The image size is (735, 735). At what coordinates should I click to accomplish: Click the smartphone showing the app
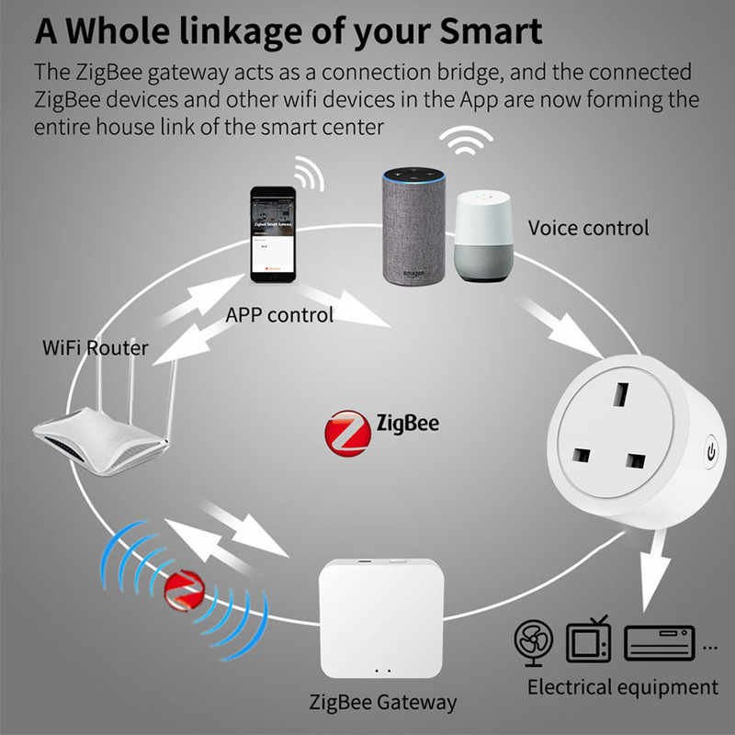(275, 235)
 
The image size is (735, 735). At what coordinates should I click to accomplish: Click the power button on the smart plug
(708, 451)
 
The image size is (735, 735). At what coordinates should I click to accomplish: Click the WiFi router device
(101, 432)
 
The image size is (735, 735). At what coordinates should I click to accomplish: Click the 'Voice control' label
(588, 227)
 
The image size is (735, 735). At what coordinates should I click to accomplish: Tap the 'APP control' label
(279, 315)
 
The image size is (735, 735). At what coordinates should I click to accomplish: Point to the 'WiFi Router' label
(96, 349)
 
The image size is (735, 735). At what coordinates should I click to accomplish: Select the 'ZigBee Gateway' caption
(382, 703)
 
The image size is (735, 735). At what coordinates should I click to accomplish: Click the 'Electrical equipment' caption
(622, 686)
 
